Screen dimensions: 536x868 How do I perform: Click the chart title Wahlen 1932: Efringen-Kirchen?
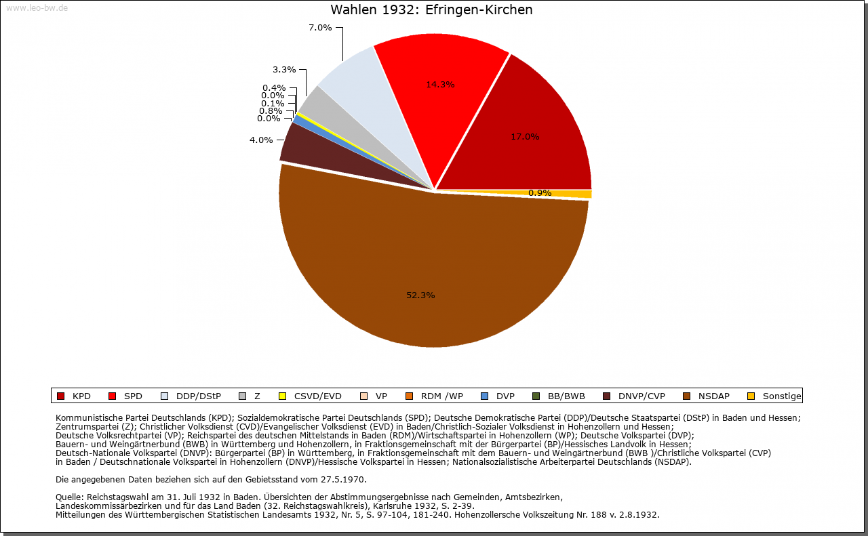pyautogui.click(x=431, y=10)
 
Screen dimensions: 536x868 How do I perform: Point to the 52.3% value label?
pyautogui.click(x=420, y=295)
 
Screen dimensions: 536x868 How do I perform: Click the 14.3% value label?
pyautogui.click(x=440, y=85)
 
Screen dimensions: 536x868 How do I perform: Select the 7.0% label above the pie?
pyautogui.click(x=320, y=28)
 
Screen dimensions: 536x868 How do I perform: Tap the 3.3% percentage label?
pyautogui.click(x=284, y=69)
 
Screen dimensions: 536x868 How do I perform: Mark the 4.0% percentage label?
pyautogui.click(x=261, y=140)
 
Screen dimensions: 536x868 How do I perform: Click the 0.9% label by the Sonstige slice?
pyautogui.click(x=540, y=193)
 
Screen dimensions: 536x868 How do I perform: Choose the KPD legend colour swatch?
pyautogui.click(x=60, y=396)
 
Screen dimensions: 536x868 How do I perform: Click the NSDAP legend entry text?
pyautogui.click(x=713, y=396)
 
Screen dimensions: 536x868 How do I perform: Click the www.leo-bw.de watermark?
pyautogui.click(x=37, y=8)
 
